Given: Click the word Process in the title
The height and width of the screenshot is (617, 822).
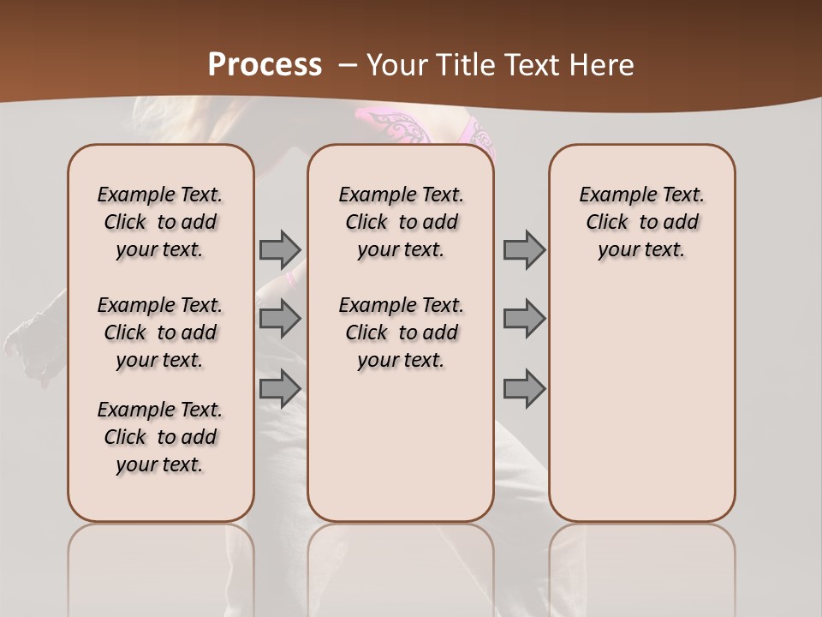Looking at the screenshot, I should tap(265, 65).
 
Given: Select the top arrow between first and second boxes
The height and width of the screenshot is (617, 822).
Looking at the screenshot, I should tap(280, 249).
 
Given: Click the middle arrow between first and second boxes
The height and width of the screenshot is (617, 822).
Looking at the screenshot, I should tap(280, 319).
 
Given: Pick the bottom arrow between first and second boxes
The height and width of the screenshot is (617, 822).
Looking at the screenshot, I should tap(280, 388).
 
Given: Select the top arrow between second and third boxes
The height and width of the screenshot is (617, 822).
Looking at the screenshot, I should tap(524, 249).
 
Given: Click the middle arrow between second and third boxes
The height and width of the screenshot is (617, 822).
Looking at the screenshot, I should tap(524, 319).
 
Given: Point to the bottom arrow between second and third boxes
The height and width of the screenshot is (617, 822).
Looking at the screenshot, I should tap(524, 388).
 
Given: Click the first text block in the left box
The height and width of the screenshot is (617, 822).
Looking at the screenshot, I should tap(160, 222).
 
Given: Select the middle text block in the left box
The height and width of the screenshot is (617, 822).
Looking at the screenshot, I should tap(160, 332).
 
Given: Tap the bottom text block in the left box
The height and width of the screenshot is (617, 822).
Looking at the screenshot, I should tap(160, 437).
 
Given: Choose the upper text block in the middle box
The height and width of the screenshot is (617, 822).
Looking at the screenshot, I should tap(402, 222).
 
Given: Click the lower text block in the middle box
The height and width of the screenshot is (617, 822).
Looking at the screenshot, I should tap(402, 332).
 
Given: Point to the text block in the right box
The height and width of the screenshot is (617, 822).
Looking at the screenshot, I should tap(642, 222).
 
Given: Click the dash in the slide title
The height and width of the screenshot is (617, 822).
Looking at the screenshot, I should tap(348, 65).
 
